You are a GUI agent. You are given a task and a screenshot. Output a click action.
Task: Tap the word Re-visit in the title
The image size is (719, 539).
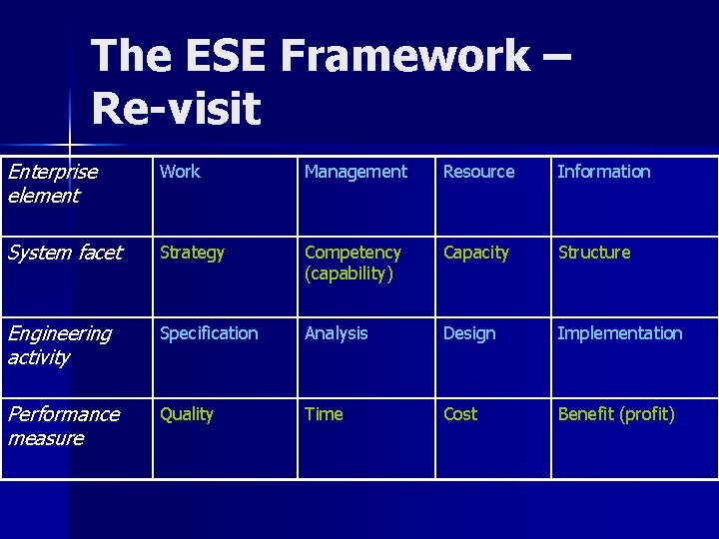pyautogui.click(x=176, y=108)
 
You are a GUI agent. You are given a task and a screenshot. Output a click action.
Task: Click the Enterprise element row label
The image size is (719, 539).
pyautogui.click(x=53, y=184)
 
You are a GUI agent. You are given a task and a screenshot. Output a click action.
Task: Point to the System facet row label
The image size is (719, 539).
pyautogui.click(x=65, y=253)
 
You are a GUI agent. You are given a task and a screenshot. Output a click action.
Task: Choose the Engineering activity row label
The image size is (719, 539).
pyautogui.click(x=60, y=345)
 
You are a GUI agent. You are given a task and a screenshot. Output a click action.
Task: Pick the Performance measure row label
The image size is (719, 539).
pyautogui.click(x=64, y=426)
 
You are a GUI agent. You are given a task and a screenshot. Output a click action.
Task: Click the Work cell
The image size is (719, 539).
pyautogui.click(x=180, y=172)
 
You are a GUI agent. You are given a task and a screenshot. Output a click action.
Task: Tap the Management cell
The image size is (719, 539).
pyautogui.click(x=356, y=172)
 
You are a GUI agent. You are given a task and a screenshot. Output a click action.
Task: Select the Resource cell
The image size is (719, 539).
pyautogui.click(x=478, y=172)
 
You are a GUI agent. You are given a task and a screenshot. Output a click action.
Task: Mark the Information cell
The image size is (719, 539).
pyautogui.click(x=603, y=172)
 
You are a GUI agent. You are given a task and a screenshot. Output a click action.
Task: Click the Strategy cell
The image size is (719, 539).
pyautogui.click(x=192, y=253)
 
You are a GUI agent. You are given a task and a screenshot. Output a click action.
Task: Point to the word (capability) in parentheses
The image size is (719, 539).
pyautogui.click(x=350, y=273)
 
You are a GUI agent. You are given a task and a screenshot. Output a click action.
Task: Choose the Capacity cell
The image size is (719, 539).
pyautogui.click(x=475, y=253)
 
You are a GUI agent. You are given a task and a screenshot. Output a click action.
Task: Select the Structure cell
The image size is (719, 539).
pyautogui.click(x=594, y=253)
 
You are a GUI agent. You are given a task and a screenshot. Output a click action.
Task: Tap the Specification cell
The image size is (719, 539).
pyautogui.click(x=209, y=333)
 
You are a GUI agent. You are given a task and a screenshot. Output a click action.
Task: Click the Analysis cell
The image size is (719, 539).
pyautogui.click(x=336, y=333)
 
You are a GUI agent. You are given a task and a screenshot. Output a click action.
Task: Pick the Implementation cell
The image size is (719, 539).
pyautogui.click(x=620, y=333)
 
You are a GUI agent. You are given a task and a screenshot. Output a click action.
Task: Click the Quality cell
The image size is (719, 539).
pyautogui.click(x=187, y=414)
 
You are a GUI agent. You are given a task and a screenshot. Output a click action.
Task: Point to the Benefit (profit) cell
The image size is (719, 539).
pyautogui.click(x=616, y=414)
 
